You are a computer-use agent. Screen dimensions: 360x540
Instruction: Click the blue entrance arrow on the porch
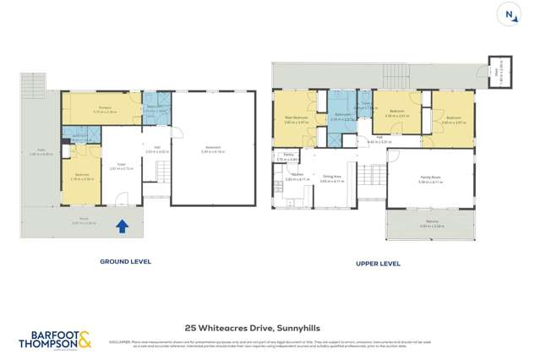click(123, 226)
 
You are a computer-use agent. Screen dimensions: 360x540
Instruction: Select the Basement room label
click(213, 149)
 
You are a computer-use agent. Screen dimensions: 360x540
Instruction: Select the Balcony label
click(431, 223)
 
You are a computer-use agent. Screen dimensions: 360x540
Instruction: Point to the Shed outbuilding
click(499, 78)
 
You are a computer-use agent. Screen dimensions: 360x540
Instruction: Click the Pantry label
click(287, 156)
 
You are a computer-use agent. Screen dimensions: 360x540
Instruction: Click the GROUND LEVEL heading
click(126, 262)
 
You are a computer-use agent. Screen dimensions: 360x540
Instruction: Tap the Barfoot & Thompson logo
click(56, 341)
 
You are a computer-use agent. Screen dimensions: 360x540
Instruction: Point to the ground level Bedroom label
click(82, 177)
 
